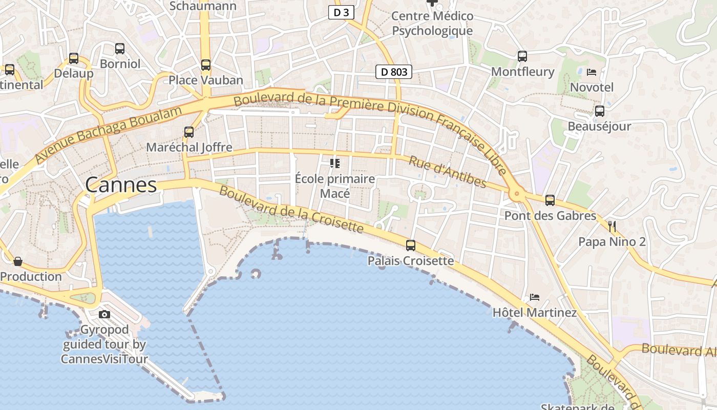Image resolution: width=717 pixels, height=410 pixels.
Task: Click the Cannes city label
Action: (x=121, y=185)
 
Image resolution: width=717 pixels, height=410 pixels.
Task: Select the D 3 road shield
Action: (x=341, y=13)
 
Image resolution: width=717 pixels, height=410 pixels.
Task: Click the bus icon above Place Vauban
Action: (x=206, y=65)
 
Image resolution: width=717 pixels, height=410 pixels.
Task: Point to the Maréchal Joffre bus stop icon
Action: (x=189, y=132)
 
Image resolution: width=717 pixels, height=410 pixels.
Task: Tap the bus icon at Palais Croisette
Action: (x=411, y=245)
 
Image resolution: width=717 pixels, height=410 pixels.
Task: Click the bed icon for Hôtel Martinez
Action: (x=535, y=297)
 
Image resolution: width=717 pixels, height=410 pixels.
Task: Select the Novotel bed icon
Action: (x=592, y=72)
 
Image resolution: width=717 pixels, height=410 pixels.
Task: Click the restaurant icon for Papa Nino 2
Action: (x=611, y=226)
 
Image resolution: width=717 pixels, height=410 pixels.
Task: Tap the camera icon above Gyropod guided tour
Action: (x=104, y=314)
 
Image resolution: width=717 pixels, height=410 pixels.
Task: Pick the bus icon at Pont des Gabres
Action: (x=550, y=200)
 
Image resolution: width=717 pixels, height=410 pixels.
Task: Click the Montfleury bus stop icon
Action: (x=522, y=56)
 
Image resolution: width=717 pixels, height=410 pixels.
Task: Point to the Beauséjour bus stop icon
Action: (x=599, y=111)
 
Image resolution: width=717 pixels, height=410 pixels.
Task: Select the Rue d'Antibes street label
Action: (x=447, y=172)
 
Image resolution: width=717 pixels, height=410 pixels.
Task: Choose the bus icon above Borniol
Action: (x=120, y=49)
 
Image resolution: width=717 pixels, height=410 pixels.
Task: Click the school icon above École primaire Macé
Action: (x=335, y=163)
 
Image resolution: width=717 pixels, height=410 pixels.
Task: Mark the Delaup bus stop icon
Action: (x=74, y=58)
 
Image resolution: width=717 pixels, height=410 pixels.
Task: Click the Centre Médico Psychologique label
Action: (x=432, y=24)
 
